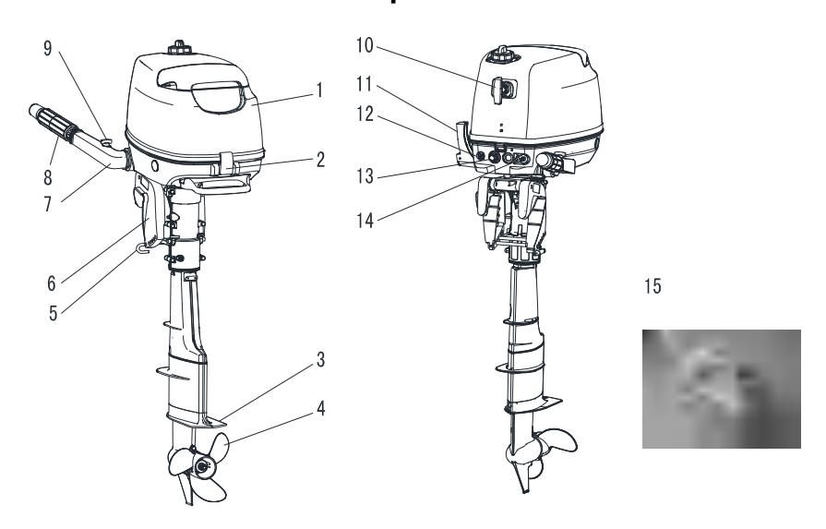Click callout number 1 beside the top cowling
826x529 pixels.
click(x=318, y=91)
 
